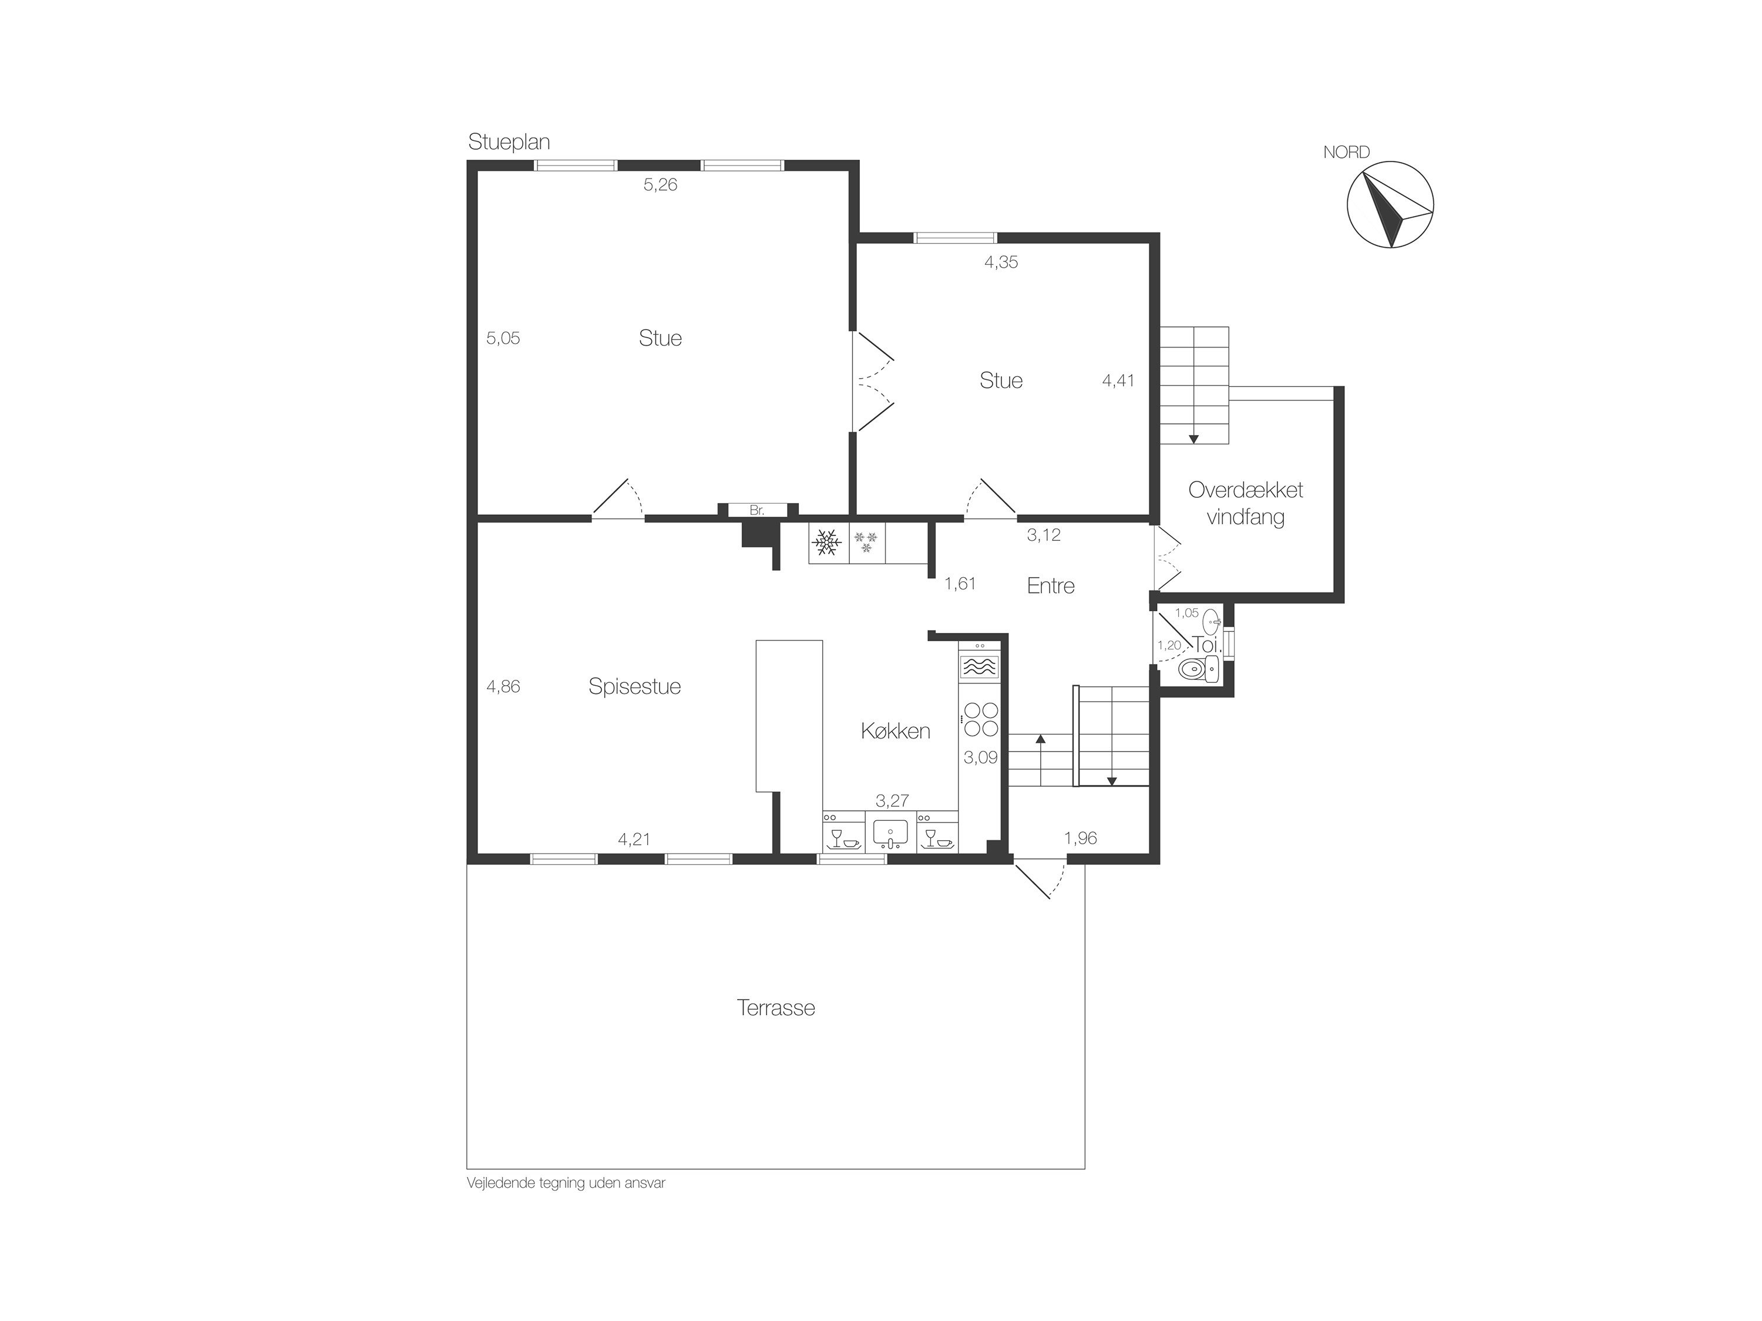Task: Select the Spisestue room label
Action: [635, 686]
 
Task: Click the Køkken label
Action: [895, 730]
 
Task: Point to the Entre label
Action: [1051, 586]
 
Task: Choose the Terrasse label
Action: [776, 1008]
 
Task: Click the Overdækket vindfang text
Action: [1246, 503]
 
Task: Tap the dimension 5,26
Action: [660, 185]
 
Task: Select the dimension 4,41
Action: [1118, 380]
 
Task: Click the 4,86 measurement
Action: [503, 686]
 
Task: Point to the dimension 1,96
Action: [1080, 838]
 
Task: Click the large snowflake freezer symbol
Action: [827, 543]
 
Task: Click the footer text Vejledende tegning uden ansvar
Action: [566, 1183]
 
